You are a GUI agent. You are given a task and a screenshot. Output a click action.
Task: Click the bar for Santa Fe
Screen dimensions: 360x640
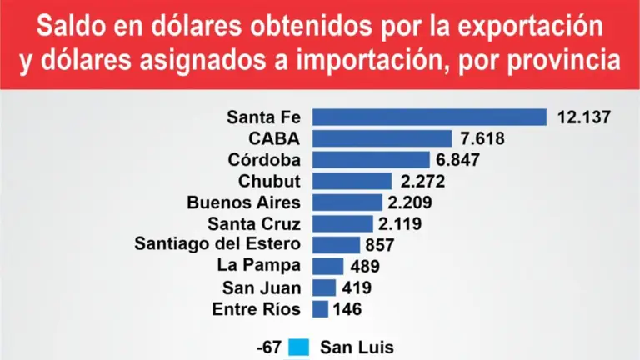[x=429, y=117]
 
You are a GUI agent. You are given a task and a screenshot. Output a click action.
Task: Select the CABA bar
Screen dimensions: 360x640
[x=382, y=138]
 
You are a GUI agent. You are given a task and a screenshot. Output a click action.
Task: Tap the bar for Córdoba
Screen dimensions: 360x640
[x=370, y=160]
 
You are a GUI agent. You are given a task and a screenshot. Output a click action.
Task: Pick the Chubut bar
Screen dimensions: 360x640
[x=352, y=181]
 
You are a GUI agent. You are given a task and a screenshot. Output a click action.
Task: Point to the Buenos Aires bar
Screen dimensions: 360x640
[x=347, y=202]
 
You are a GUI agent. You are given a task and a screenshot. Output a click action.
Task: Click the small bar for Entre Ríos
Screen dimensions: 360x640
[x=320, y=309]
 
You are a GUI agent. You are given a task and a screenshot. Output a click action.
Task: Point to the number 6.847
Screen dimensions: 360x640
[x=464, y=160]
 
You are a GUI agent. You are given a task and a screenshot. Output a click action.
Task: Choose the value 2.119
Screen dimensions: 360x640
[x=401, y=223]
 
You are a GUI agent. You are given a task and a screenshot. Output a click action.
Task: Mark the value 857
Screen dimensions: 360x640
[x=379, y=245]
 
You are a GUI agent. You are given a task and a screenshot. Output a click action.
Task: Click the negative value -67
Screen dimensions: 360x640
[x=270, y=347]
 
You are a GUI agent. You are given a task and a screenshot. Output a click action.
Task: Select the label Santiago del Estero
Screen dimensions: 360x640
[x=217, y=243]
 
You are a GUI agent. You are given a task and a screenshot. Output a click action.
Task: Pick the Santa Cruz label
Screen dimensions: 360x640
[x=254, y=222]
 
